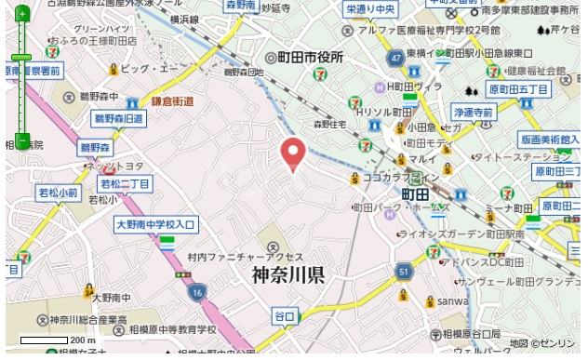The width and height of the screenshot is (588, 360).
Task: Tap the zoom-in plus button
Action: click(21, 15)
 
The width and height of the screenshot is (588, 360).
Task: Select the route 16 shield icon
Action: click(196, 292)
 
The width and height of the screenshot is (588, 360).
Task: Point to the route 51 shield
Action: click(403, 271)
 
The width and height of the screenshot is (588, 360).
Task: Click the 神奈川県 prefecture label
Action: click(287, 275)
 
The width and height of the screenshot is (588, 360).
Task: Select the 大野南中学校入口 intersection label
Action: click(156, 225)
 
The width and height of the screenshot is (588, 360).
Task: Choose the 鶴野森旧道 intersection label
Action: click(119, 119)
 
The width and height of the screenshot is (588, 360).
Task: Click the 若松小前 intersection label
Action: click(58, 193)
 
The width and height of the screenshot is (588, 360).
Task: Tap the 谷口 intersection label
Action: click(284, 317)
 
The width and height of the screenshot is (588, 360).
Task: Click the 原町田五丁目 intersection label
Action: click(519, 89)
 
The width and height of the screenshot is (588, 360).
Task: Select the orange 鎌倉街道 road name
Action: click(173, 101)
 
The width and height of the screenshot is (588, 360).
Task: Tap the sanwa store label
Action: click(454, 300)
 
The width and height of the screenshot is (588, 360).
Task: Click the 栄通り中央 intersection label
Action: click(370, 9)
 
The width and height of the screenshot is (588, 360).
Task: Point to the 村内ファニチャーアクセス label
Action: click(232, 257)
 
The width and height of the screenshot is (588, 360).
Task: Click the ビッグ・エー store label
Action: click(148, 69)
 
